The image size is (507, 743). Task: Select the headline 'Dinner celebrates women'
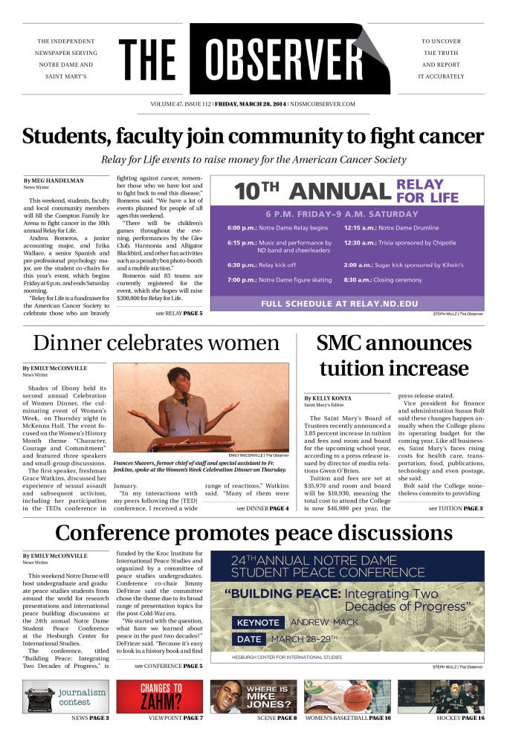[156, 343]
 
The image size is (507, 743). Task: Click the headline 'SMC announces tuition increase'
[393, 356]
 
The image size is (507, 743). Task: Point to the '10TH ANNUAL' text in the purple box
[311, 192]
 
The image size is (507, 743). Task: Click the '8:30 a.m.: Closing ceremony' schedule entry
[383, 280]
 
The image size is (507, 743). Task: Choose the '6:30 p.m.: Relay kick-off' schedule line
[262, 265]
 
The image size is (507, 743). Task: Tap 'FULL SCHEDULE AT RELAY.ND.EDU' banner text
[347, 304]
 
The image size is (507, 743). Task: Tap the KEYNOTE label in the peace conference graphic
[259, 622]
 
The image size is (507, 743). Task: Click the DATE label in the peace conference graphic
[251, 640]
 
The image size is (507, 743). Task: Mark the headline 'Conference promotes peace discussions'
[253, 533]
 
